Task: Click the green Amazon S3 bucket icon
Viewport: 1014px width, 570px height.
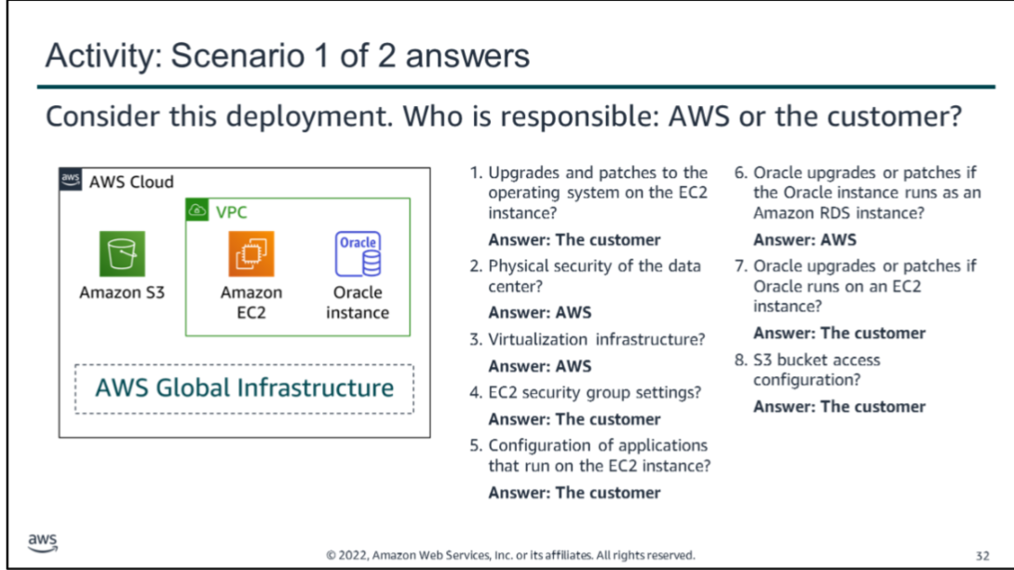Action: (x=122, y=253)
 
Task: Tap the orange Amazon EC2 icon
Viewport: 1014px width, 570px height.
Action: (x=250, y=253)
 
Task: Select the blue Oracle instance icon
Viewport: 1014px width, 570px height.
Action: (x=358, y=253)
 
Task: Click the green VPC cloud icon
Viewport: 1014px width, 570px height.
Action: (x=197, y=210)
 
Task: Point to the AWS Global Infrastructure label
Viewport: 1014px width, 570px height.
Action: (x=245, y=387)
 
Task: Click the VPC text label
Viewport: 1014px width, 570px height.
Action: (x=232, y=212)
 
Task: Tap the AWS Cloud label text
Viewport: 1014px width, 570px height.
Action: (x=131, y=182)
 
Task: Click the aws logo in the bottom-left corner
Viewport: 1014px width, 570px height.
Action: (x=43, y=543)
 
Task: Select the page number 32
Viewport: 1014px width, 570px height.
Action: (x=982, y=556)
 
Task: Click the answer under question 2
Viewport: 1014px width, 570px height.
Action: (x=540, y=313)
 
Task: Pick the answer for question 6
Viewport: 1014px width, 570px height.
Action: (x=805, y=240)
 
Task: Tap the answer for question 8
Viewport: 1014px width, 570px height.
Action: (x=839, y=406)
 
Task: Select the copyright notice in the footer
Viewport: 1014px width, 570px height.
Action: (x=511, y=555)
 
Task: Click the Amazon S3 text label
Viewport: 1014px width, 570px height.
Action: (x=122, y=292)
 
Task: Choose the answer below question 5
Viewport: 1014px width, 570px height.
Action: (x=575, y=493)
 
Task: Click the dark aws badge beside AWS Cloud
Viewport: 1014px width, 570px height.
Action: (x=71, y=179)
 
